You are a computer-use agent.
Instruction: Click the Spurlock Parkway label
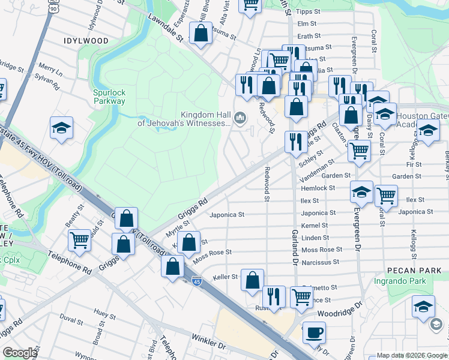tap(109, 97)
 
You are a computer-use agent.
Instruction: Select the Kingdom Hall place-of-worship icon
tap(241, 117)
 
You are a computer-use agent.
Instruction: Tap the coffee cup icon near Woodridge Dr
tap(313, 331)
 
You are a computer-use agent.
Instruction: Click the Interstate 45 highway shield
tap(196, 280)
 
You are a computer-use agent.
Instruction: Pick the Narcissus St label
tap(320, 262)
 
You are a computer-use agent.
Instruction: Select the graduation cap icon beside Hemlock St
tap(361, 193)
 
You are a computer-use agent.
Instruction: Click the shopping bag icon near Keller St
tap(253, 280)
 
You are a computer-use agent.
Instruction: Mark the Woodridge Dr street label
tap(341, 313)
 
